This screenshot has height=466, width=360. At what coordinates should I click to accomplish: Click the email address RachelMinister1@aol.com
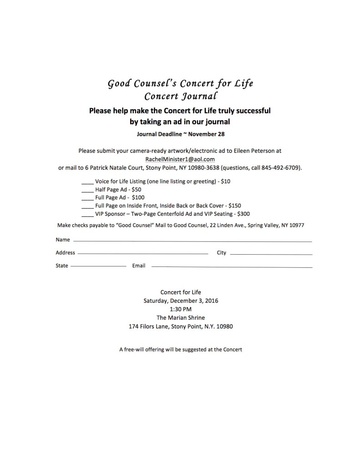(x=180, y=159)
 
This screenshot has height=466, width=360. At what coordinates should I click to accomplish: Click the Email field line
(x=232, y=266)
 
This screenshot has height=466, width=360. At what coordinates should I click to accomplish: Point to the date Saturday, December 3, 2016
(x=181, y=301)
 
